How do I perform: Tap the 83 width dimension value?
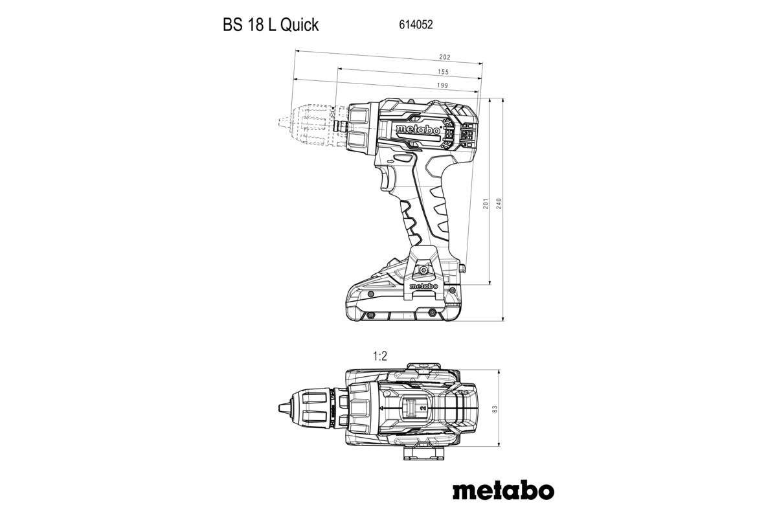[x=494, y=409]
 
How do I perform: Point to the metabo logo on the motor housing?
[x=418, y=130]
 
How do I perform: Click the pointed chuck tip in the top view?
[x=284, y=409]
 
